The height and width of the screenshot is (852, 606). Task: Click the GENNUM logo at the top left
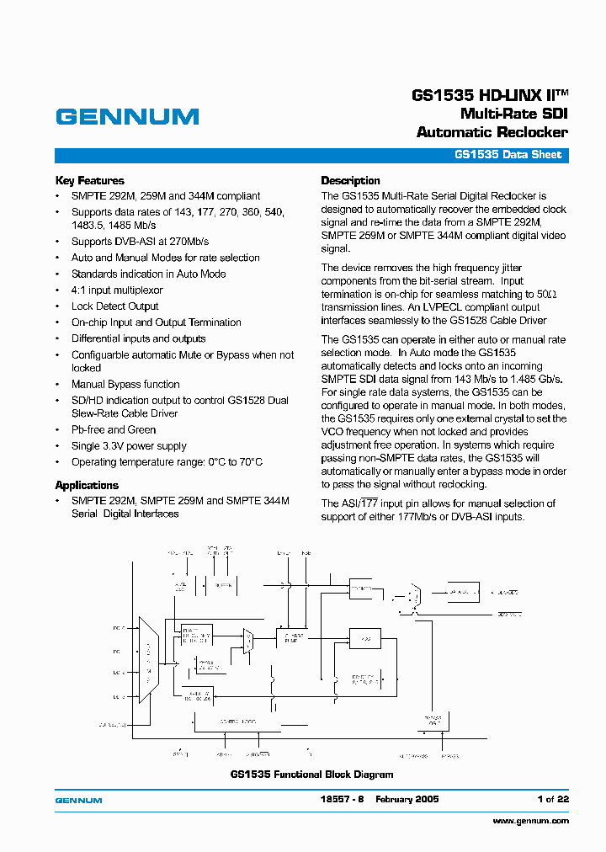[127, 116]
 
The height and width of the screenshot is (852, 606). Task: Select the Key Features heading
[89, 180]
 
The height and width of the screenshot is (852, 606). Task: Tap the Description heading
[350, 180]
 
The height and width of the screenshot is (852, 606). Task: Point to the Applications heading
[87, 485]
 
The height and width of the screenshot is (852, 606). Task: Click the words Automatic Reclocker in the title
[492, 132]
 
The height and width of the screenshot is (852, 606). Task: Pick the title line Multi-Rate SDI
[513, 114]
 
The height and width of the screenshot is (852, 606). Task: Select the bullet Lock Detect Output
[114, 306]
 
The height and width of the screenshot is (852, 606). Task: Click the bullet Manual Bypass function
[125, 384]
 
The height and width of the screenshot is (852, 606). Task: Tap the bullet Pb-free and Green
[114, 429]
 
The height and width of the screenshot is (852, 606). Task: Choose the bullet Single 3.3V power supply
[129, 446]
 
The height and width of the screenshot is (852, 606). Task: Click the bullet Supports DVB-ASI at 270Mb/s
[140, 242]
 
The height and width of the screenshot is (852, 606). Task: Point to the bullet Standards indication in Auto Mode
[148, 274]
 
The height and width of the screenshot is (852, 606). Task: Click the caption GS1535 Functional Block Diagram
[311, 775]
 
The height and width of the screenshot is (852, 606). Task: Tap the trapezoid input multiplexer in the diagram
[148, 662]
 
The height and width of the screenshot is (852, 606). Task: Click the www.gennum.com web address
[530, 820]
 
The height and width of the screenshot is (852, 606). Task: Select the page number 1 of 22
[553, 799]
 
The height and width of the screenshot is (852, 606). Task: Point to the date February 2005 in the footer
[407, 799]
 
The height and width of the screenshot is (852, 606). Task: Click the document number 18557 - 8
[341, 799]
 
